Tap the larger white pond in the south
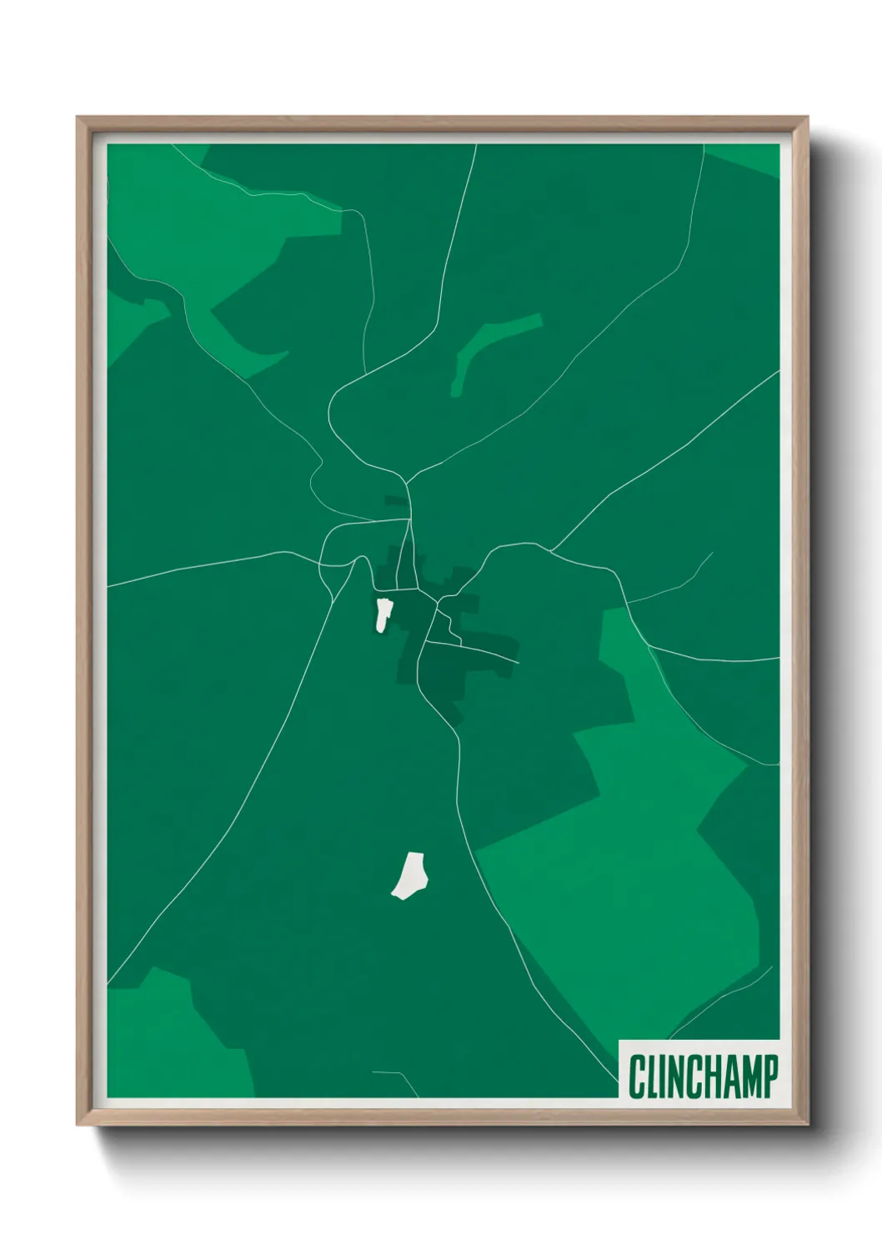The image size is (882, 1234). [x=410, y=876]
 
